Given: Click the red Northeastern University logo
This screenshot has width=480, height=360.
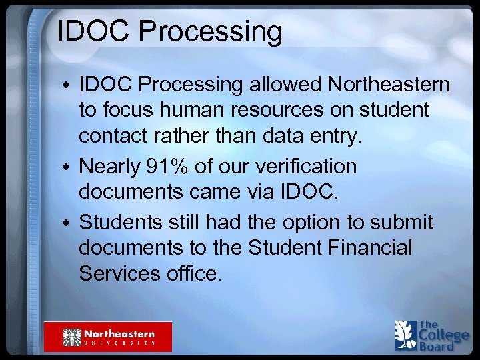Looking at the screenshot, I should coord(108,336).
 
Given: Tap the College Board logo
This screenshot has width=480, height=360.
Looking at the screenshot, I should coord(431,335).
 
